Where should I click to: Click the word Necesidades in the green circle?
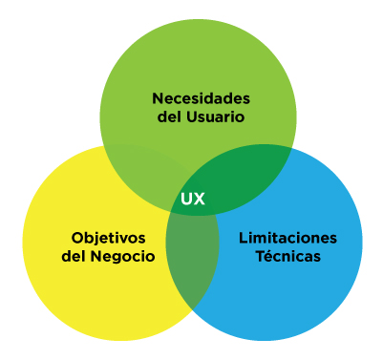pyautogui.click(x=202, y=98)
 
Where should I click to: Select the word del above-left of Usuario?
pyautogui.click(x=167, y=117)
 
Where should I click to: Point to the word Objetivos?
pyautogui.click(x=108, y=237)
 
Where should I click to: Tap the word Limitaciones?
pyautogui.click(x=287, y=237)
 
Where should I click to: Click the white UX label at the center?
pyautogui.click(x=193, y=201)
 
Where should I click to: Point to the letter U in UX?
pyautogui.click(x=187, y=201)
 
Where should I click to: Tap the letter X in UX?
pyautogui.click(x=200, y=201)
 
